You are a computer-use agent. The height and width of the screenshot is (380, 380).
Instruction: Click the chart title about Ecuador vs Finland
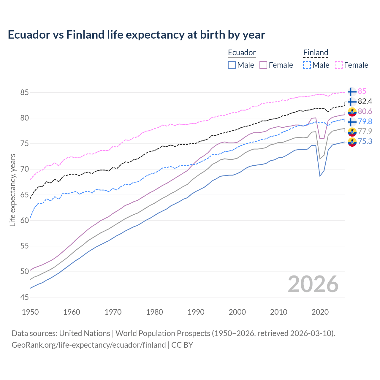pyautogui.click(x=136, y=35)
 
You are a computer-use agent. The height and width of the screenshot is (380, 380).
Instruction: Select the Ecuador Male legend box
pyautogui.click(x=232, y=65)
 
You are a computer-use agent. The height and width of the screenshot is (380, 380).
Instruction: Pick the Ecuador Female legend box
pyautogui.click(x=263, y=65)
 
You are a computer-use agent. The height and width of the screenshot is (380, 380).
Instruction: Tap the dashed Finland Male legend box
pyautogui.click(x=307, y=65)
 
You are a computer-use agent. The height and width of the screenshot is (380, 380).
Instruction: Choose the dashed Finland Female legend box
pyautogui.click(x=339, y=65)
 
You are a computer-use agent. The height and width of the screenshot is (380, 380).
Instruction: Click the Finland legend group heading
pyautogui.click(x=316, y=53)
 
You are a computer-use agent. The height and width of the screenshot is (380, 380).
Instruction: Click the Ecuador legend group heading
pyautogui.click(x=242, y=53)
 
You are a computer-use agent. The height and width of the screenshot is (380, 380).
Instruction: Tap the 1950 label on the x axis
pyautogui.click(x=30, y=312)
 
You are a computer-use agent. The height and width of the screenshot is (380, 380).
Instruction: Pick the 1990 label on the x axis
pyautogui.click(x=196, y=312)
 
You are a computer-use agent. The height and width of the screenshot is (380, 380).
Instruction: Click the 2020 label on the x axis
pyautogui.click(x=320, y=312)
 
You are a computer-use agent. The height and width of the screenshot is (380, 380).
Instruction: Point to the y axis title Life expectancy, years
pyautogui.click(x=12, y=190)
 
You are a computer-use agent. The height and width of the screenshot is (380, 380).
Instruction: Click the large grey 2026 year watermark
pyautogui.click(x=313, y=284)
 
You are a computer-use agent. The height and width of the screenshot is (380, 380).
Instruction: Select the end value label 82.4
pyautogui.click(x=365, y=102)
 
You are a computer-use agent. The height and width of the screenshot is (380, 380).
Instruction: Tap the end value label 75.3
pyautogui.click(x=365, y=142)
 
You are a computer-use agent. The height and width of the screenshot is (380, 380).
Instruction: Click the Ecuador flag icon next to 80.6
pyautogui.click(x=352, y=112)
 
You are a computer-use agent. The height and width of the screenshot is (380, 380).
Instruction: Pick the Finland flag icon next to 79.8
pyautogui.click(x=352, y=122)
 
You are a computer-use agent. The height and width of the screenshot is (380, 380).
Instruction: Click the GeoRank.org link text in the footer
pyautogui.click(x=88, y=345)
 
